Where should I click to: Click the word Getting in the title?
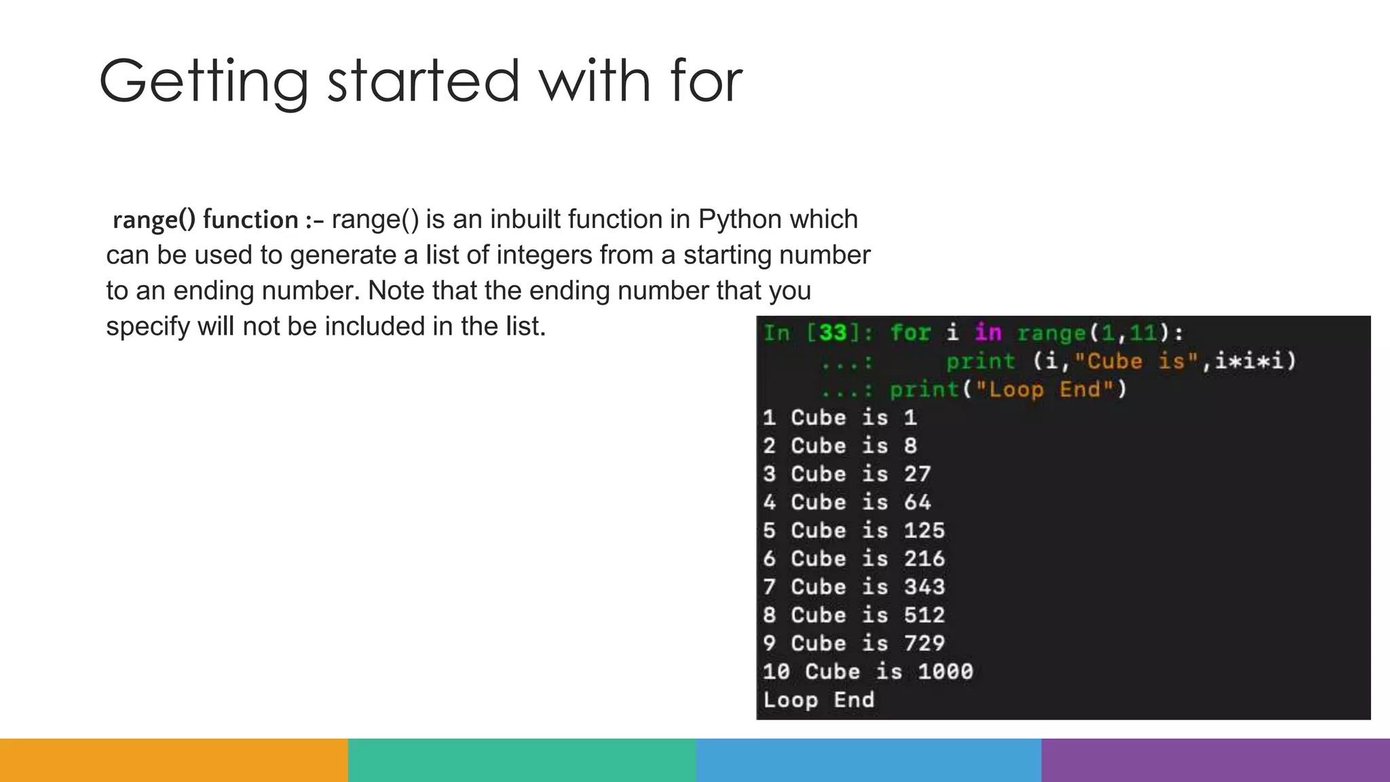click(x=204, y=81)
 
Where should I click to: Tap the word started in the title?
click(x=423, y=81)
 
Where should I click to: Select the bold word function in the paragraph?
click(x=250, y=220)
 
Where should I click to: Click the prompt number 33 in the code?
click(x=833, y=333)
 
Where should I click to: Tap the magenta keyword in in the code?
click(x=988, y=333)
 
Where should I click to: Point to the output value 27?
click(x=917, y=474)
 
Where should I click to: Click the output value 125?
click(x=924, y=530)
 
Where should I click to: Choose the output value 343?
click(x=924, y=586)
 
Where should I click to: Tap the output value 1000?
click(x=945, y=671)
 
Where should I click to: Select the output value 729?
click(x=924, y=643)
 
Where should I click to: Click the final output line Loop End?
click(x=819, y=700)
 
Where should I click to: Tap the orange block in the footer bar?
click(x=174, y=760)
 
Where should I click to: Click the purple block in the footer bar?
click(x=1216, y=760)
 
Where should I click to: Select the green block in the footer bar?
click(x=522, y=760)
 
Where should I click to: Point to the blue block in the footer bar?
click(x=869, y=760)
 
